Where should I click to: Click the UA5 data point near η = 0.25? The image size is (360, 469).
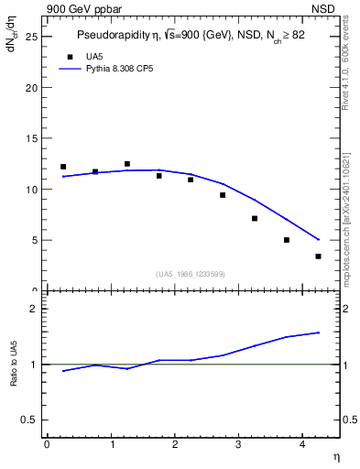63,167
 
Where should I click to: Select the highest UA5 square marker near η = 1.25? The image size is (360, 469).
127,164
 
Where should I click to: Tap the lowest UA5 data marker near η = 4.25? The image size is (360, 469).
318,256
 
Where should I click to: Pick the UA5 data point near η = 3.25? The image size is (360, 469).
255,218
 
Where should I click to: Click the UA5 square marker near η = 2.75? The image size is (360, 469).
223,195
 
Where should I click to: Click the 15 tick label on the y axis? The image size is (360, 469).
30,139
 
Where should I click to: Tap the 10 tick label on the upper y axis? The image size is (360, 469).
30,190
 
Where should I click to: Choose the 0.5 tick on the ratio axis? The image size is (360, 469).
28,420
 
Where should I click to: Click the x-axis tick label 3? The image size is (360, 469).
238,445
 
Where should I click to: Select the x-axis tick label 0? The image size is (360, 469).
47,445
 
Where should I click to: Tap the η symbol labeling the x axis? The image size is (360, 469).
335,456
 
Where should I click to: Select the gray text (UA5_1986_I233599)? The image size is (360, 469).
191,274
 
